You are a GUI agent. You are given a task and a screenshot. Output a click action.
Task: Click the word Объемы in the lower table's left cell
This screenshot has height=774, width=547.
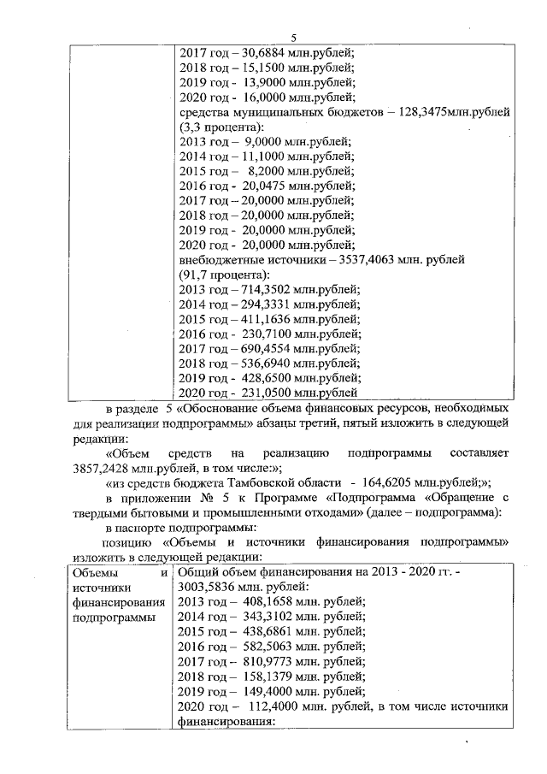[x=96, y=572]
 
